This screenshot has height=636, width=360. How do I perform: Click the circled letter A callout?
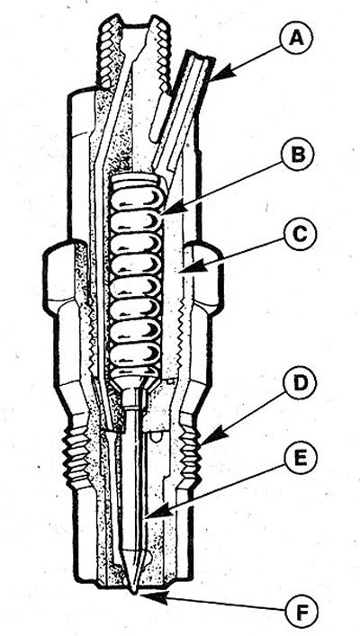(x=296, y=40)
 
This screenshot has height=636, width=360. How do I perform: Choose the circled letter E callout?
(x=300, y=459)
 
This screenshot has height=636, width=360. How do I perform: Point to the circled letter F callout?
(x=301, y=611)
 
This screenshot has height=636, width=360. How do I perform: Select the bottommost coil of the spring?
(x=135, y=372)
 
